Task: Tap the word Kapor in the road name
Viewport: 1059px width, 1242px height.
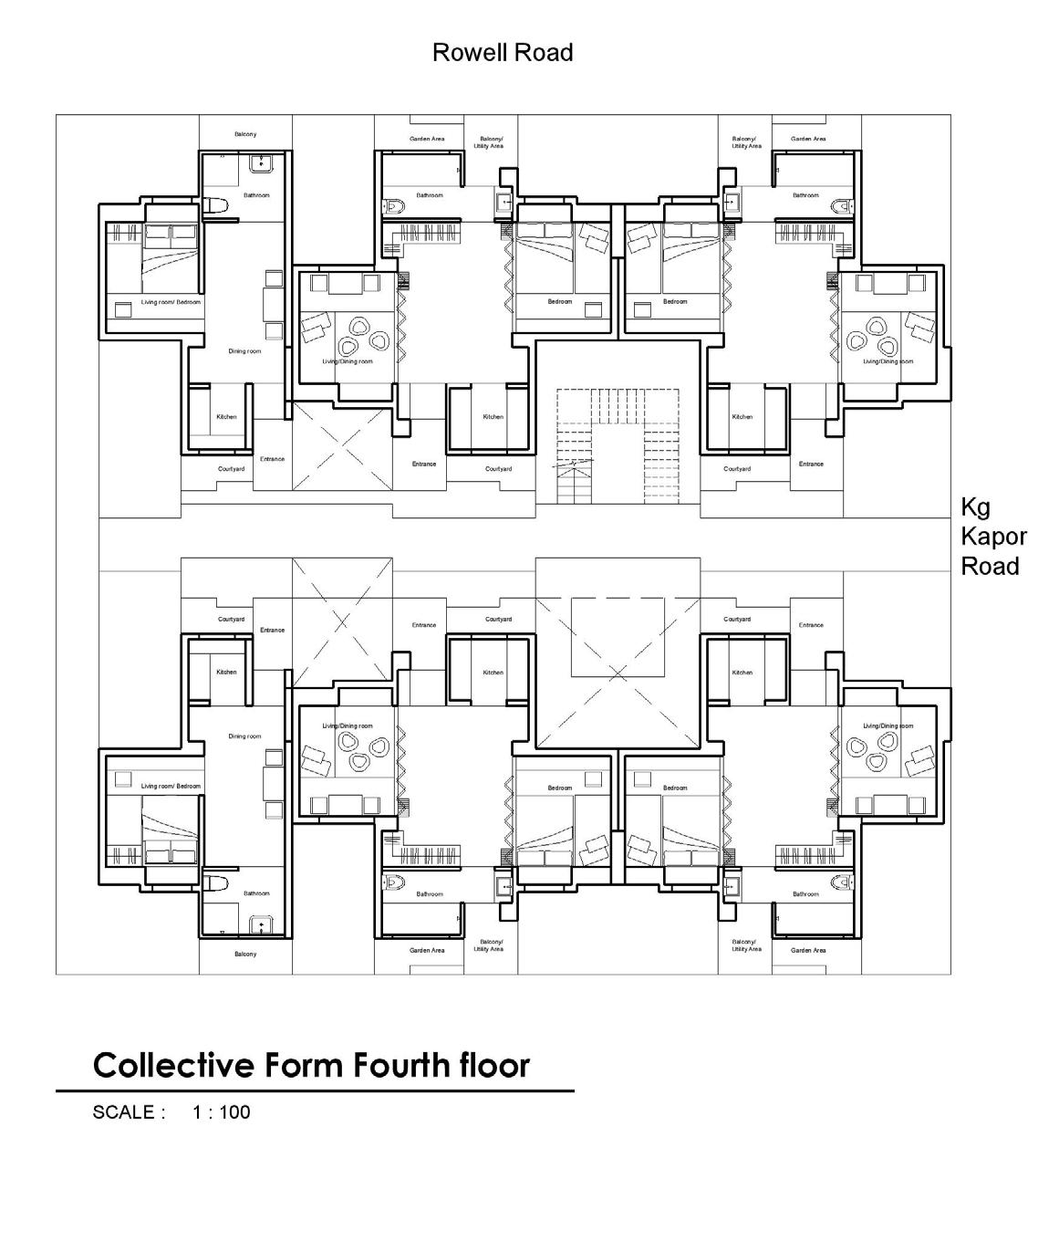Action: (993, 537)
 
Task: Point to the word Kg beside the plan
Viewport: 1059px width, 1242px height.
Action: (975, 507)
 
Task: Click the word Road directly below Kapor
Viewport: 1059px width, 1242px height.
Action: (990, 566)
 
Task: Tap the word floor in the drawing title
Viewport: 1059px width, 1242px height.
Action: (493, 1065)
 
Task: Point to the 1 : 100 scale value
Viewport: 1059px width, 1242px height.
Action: (221, 1112)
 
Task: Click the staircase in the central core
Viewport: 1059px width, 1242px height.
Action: (618, 445)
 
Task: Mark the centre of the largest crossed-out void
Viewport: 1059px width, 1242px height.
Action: (618, 673)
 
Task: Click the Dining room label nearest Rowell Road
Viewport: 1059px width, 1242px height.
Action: (244, 351)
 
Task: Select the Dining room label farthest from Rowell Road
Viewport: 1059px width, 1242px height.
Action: (244, 736)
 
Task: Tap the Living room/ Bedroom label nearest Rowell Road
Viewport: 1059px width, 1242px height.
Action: (171, 302)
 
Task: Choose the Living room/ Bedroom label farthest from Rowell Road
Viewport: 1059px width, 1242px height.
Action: (171, 786)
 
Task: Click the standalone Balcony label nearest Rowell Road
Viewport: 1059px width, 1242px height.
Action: (245, 134)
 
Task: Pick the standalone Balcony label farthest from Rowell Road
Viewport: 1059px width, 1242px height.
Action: (245, 955)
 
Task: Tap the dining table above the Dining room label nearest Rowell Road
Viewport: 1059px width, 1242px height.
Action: (273, 302)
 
